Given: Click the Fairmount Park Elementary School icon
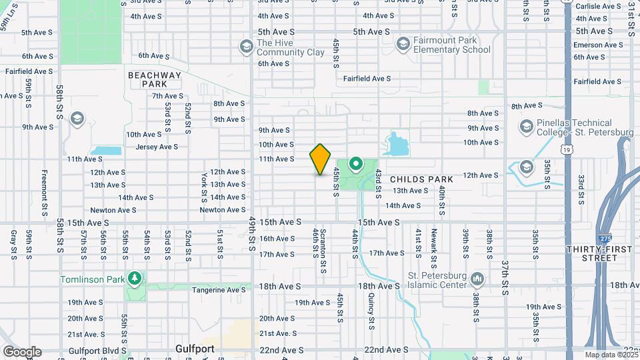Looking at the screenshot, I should (x=403, y=45).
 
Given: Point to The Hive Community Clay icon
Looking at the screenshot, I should (x=245, y=45).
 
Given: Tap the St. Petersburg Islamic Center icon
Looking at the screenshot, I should (x=477, y=277).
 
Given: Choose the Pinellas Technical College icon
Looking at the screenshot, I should (x=527, y=126).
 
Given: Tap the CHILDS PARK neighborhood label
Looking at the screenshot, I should (x=421, y=179).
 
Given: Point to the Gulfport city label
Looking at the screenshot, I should (x=194, y=349).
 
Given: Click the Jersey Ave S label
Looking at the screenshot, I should (x=157, y=147).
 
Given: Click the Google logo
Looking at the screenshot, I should (x=21, y=352).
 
